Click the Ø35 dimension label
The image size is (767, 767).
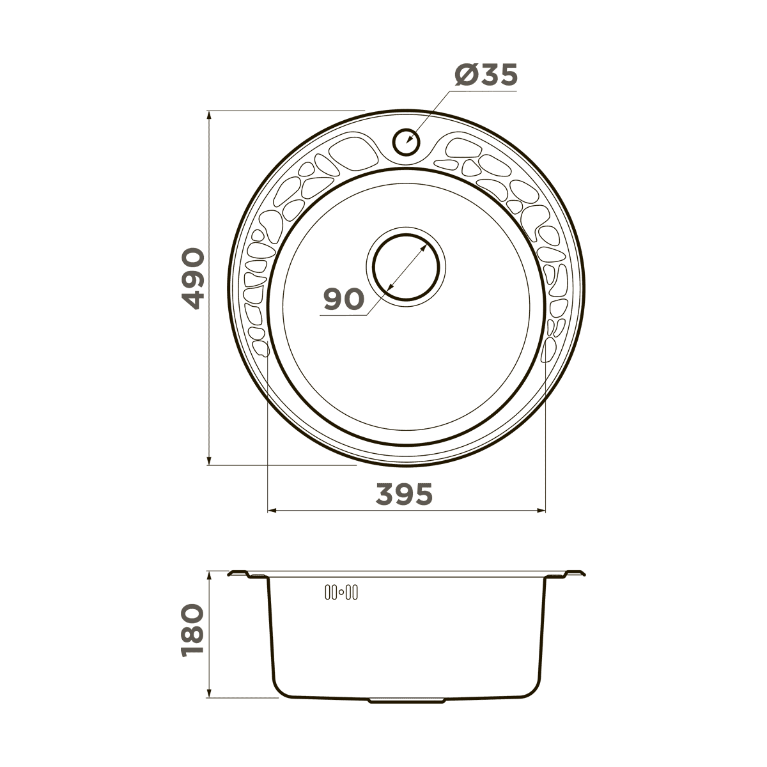486,74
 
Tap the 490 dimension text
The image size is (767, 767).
192,279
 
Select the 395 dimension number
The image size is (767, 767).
404,494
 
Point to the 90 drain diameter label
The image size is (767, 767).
344,299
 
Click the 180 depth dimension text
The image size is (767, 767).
192,635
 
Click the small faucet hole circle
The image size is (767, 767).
406,142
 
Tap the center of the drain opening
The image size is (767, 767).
406,267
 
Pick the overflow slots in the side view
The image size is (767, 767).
341,604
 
